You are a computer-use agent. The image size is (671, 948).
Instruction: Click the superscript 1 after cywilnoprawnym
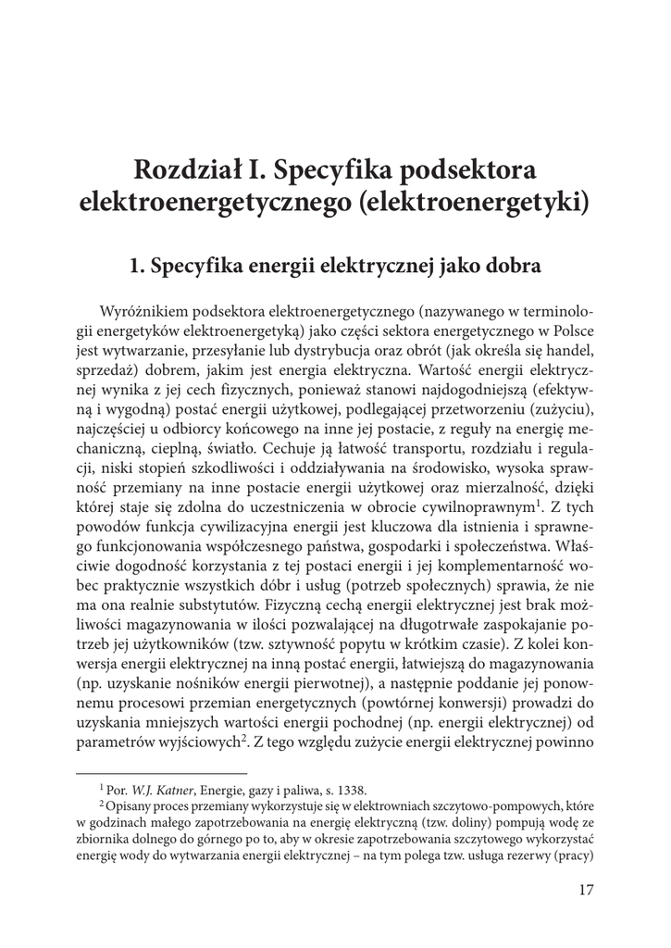[x=538, y=503]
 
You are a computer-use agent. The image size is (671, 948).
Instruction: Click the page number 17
[x=584, y=890]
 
